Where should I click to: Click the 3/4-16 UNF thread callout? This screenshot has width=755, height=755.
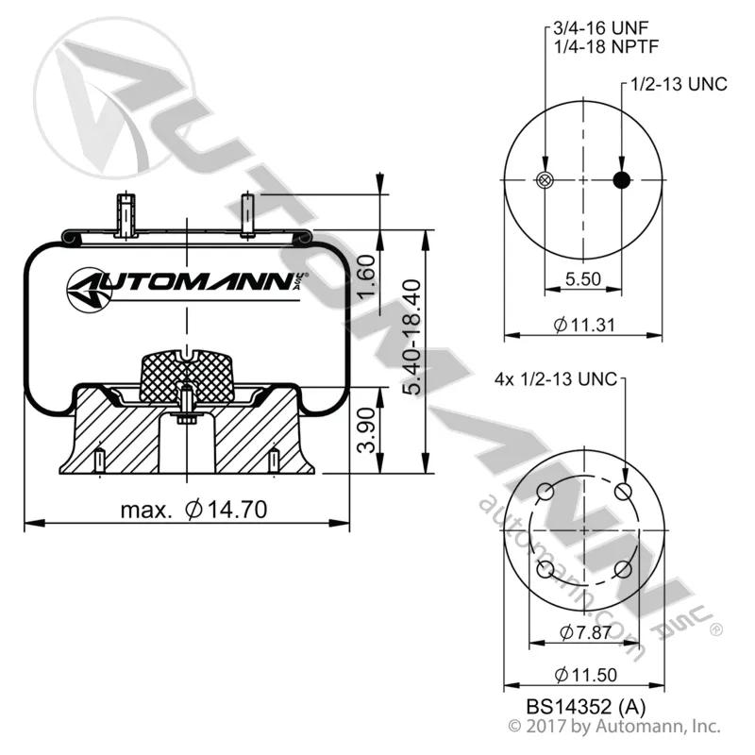coord(601,28)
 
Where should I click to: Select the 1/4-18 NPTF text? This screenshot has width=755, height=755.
coord(605,46)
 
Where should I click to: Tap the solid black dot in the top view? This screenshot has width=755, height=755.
coord(622,180)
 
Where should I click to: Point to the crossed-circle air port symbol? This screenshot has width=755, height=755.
coord(545,180)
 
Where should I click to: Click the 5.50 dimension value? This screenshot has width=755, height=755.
coord(583,278)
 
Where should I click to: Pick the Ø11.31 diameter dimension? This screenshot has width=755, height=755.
coord(584,325)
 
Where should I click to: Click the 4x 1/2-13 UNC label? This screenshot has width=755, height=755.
coord(556,379)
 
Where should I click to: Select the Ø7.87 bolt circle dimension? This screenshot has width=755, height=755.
coord(585,632)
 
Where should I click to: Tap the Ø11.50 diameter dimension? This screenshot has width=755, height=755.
coord(585,675)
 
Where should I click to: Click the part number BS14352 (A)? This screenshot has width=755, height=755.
coord(585,706)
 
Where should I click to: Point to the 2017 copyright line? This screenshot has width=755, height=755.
coord(614,726)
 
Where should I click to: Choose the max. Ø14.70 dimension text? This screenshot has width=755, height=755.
coord(193,510)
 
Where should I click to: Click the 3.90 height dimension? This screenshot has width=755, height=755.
coord(367,430)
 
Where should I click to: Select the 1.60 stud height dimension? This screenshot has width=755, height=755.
coord(367,277)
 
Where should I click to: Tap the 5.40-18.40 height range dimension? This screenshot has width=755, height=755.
coord(412,337)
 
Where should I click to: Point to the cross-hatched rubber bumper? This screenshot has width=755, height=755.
coord(186,377)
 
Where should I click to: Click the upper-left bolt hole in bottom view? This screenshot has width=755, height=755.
coord(545,493)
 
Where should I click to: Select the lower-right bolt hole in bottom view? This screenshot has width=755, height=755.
coord(623,570)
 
